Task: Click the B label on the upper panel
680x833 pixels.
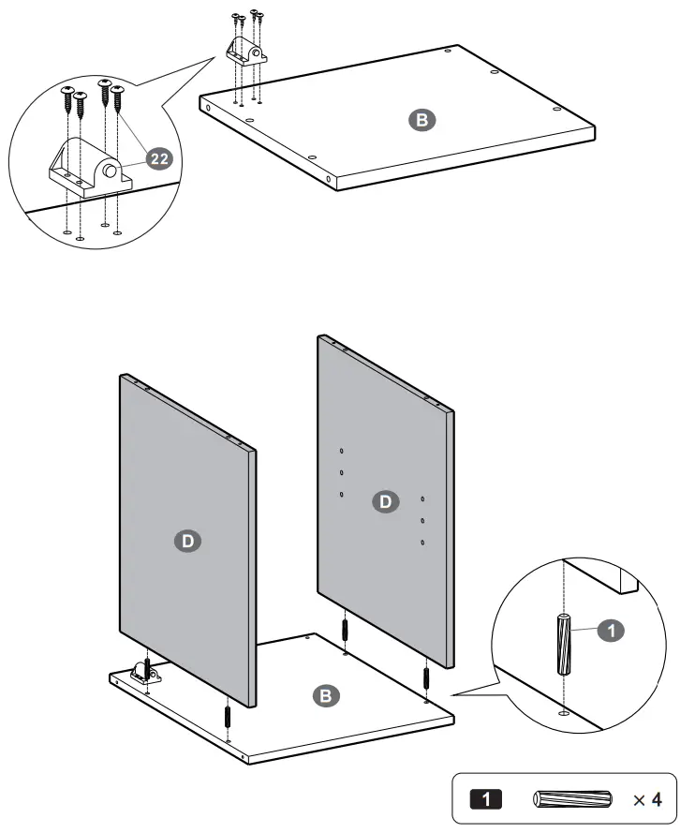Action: click(421, 119)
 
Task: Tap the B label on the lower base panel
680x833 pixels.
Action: click(325, 695)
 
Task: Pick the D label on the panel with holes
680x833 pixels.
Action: click(385, 501)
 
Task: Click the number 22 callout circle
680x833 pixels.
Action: click(159, 158)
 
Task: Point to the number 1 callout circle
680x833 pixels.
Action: click(610, 632)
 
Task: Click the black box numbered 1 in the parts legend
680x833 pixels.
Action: click(484, 799)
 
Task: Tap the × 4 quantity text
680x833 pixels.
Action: click(646, 799)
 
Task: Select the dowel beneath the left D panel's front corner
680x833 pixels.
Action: click(228, 717)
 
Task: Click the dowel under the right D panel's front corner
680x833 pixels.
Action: click(426, 677)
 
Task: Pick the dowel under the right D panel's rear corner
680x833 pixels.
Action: click(346, 627)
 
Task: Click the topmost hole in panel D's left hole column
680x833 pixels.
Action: click(342, 451)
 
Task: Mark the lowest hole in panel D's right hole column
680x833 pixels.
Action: click(423, 542)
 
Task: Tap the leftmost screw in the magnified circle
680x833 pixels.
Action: click(67, 97)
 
